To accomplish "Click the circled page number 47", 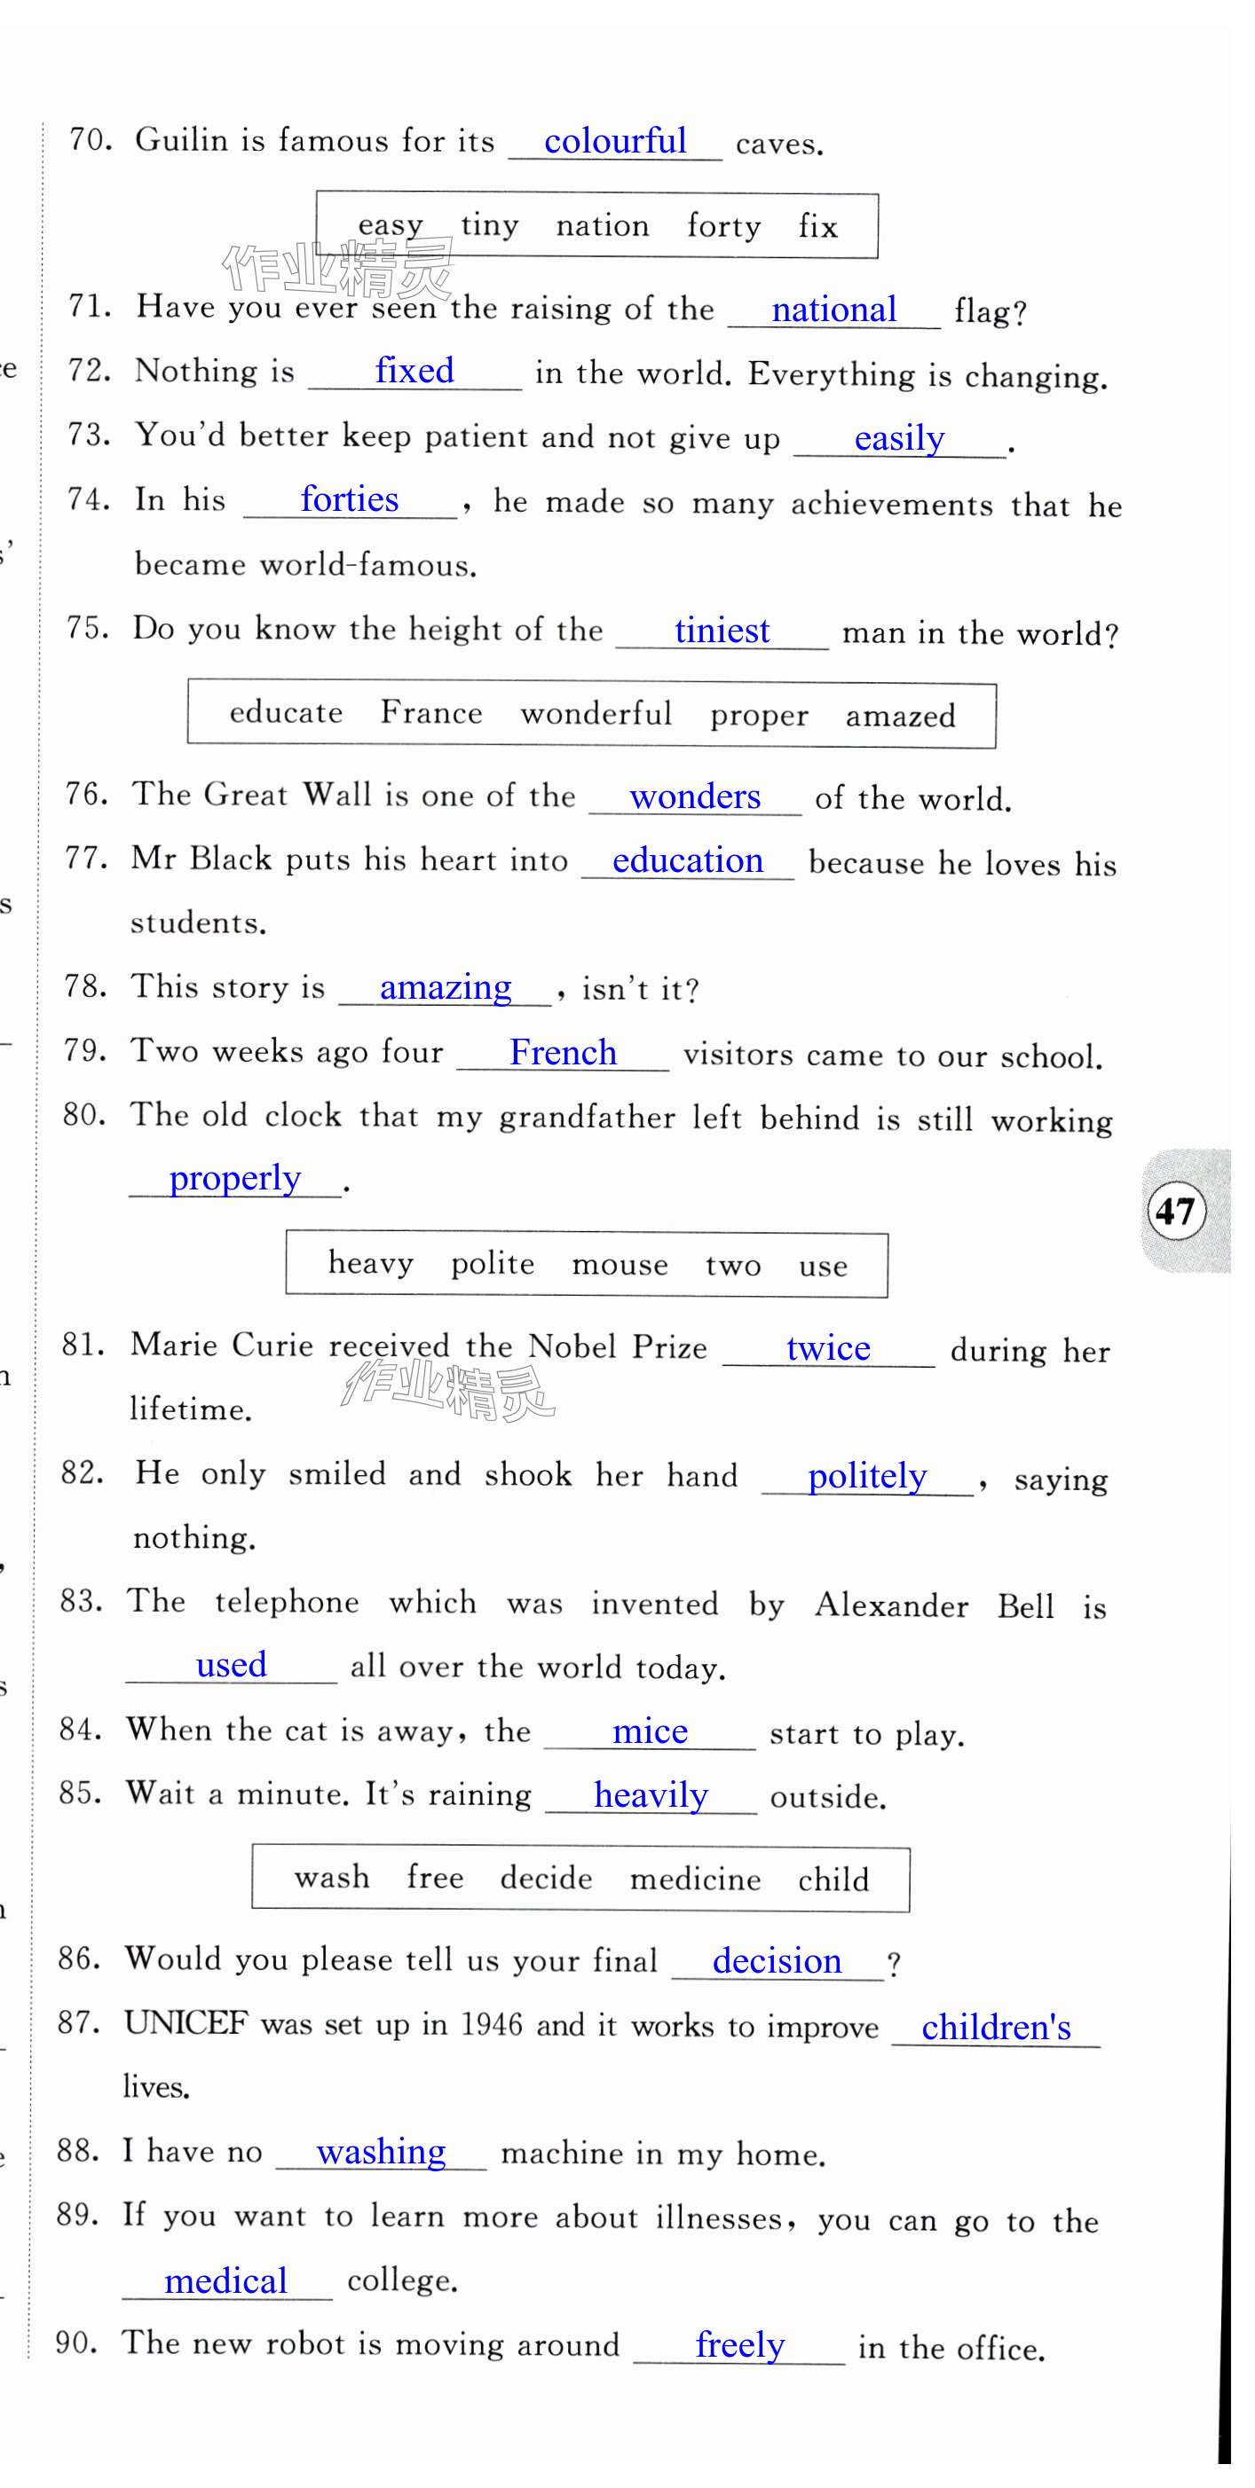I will pyautogui.click(x=1175, y=1210).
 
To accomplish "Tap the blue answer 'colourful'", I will pyautogui.click(x=614, y=142).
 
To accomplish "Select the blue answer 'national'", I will pyautogui.click(x=833, y=310).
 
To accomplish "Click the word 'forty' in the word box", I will pyautogui.click(x=722, y=227).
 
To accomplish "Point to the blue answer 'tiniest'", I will pyautogui.click(x=722, y=632).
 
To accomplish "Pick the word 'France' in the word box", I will pyautogui.click(x=430, y=713).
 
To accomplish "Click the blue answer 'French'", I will pyautogui.click(x=563, y=1053).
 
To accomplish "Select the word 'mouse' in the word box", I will pyautogui.click(x=620, y=1264).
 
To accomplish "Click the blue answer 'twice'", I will pyautogui.click(x=828, y=1348).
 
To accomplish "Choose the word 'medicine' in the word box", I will pyautogui.click(x=695, y=1880).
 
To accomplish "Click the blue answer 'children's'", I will pyautogui.click(x=996, y=2028).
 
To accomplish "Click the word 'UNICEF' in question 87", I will pyautogui.click(x=185, y=2022).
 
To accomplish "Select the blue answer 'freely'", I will pyautogui.click(x=740, y=2344).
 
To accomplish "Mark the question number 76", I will pyautogui.click(x=85, y=794).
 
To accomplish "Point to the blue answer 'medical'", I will pyautogui.click(x=226, y=2280).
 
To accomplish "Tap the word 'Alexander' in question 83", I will pyautogui.click(x=891, y=1605).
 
